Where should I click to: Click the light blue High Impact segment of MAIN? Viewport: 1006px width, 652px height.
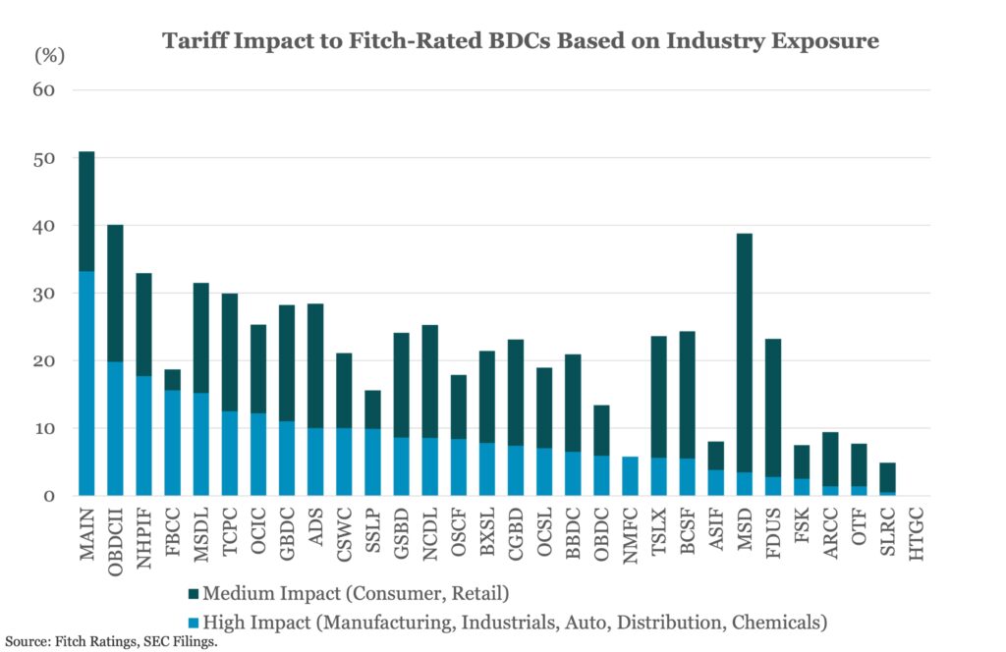[86, 383]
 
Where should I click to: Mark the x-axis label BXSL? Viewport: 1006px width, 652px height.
[487, 535]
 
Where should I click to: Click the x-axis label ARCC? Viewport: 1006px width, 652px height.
[830, 536]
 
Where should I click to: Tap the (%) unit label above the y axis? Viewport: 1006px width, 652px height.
[49, 56]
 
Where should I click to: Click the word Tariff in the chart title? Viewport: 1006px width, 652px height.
[196, 41]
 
